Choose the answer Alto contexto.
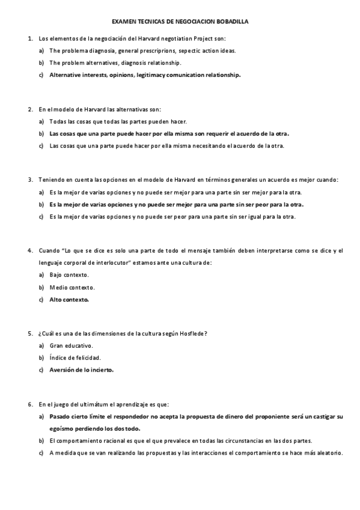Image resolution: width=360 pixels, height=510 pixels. pos(69,299)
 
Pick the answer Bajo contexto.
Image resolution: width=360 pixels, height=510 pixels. pos(69,275)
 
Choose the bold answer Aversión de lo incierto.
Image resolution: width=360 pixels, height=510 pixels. pos(81,370)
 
